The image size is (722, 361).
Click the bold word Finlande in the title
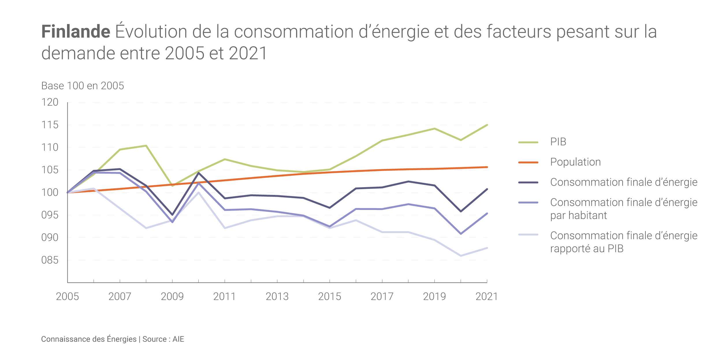tap(76, 31)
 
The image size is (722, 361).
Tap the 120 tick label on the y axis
tap(50, 102)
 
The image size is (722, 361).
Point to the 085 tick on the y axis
tap(50, 260)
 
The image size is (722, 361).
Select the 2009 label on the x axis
tap(172, 297)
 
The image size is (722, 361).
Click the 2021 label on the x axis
tap(487, 297)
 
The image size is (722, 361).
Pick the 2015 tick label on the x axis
tap(330, 297)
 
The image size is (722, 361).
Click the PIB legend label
tap(558, 142)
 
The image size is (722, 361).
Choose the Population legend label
tap(575, 162)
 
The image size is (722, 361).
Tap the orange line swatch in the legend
tap(528, 163)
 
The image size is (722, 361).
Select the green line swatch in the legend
tap(528, 142)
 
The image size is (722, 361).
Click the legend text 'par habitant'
tap(578, 215)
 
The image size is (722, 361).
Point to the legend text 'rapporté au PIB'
tap(587, 249)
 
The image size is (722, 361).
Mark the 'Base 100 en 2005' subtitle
tap(83, 86)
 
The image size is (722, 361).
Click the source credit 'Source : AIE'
tap(163, 339)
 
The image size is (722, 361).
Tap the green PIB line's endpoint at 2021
tap(487, 125)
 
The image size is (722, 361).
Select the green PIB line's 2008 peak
tap(146, 146)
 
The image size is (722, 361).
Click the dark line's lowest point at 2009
tap(172, 215)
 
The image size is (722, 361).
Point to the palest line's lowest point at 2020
tap(461, 256)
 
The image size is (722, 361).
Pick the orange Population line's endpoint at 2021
tap(487, 167)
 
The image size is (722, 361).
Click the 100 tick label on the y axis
tap(50, 193)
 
